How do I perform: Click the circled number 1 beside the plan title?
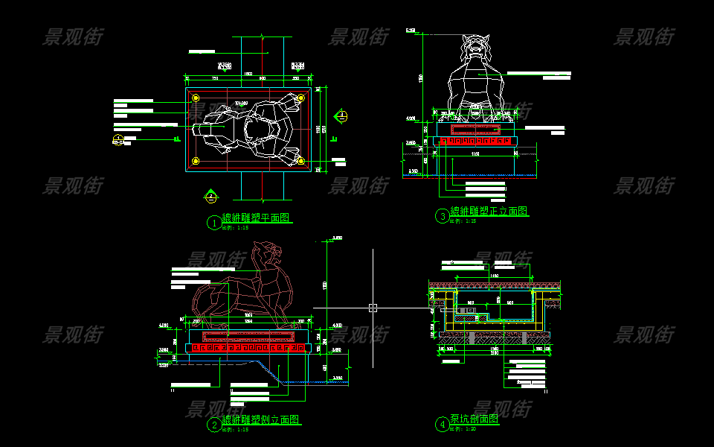[x=213, y=222]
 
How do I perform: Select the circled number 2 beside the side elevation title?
[x=213, y=425]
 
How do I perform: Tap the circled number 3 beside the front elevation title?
[x=443, y=216]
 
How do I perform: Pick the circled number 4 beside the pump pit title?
[x=443, y=425]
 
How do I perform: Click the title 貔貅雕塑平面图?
[x=255, y=218]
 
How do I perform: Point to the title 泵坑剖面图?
[x=474, y=419]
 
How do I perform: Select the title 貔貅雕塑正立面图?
[x=489, y=212]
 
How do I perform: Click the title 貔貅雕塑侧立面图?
[x=261, y=420]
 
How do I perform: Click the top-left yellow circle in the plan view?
[x=196, y=98]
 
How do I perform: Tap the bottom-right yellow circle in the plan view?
[x=300, y=161]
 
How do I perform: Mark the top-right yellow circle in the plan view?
[x=300, y=98]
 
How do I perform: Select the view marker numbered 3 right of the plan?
[x=341, y=115]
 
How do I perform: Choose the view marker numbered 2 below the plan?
[x=211, y=197]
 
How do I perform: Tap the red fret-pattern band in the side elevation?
[x=245, y=348]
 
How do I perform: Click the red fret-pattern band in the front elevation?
[x=477, y=140]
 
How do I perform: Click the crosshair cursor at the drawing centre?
[x=373, y=307]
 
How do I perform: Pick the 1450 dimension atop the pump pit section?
[x=494, y=276]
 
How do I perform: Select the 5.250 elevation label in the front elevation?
[x=411, y=31]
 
